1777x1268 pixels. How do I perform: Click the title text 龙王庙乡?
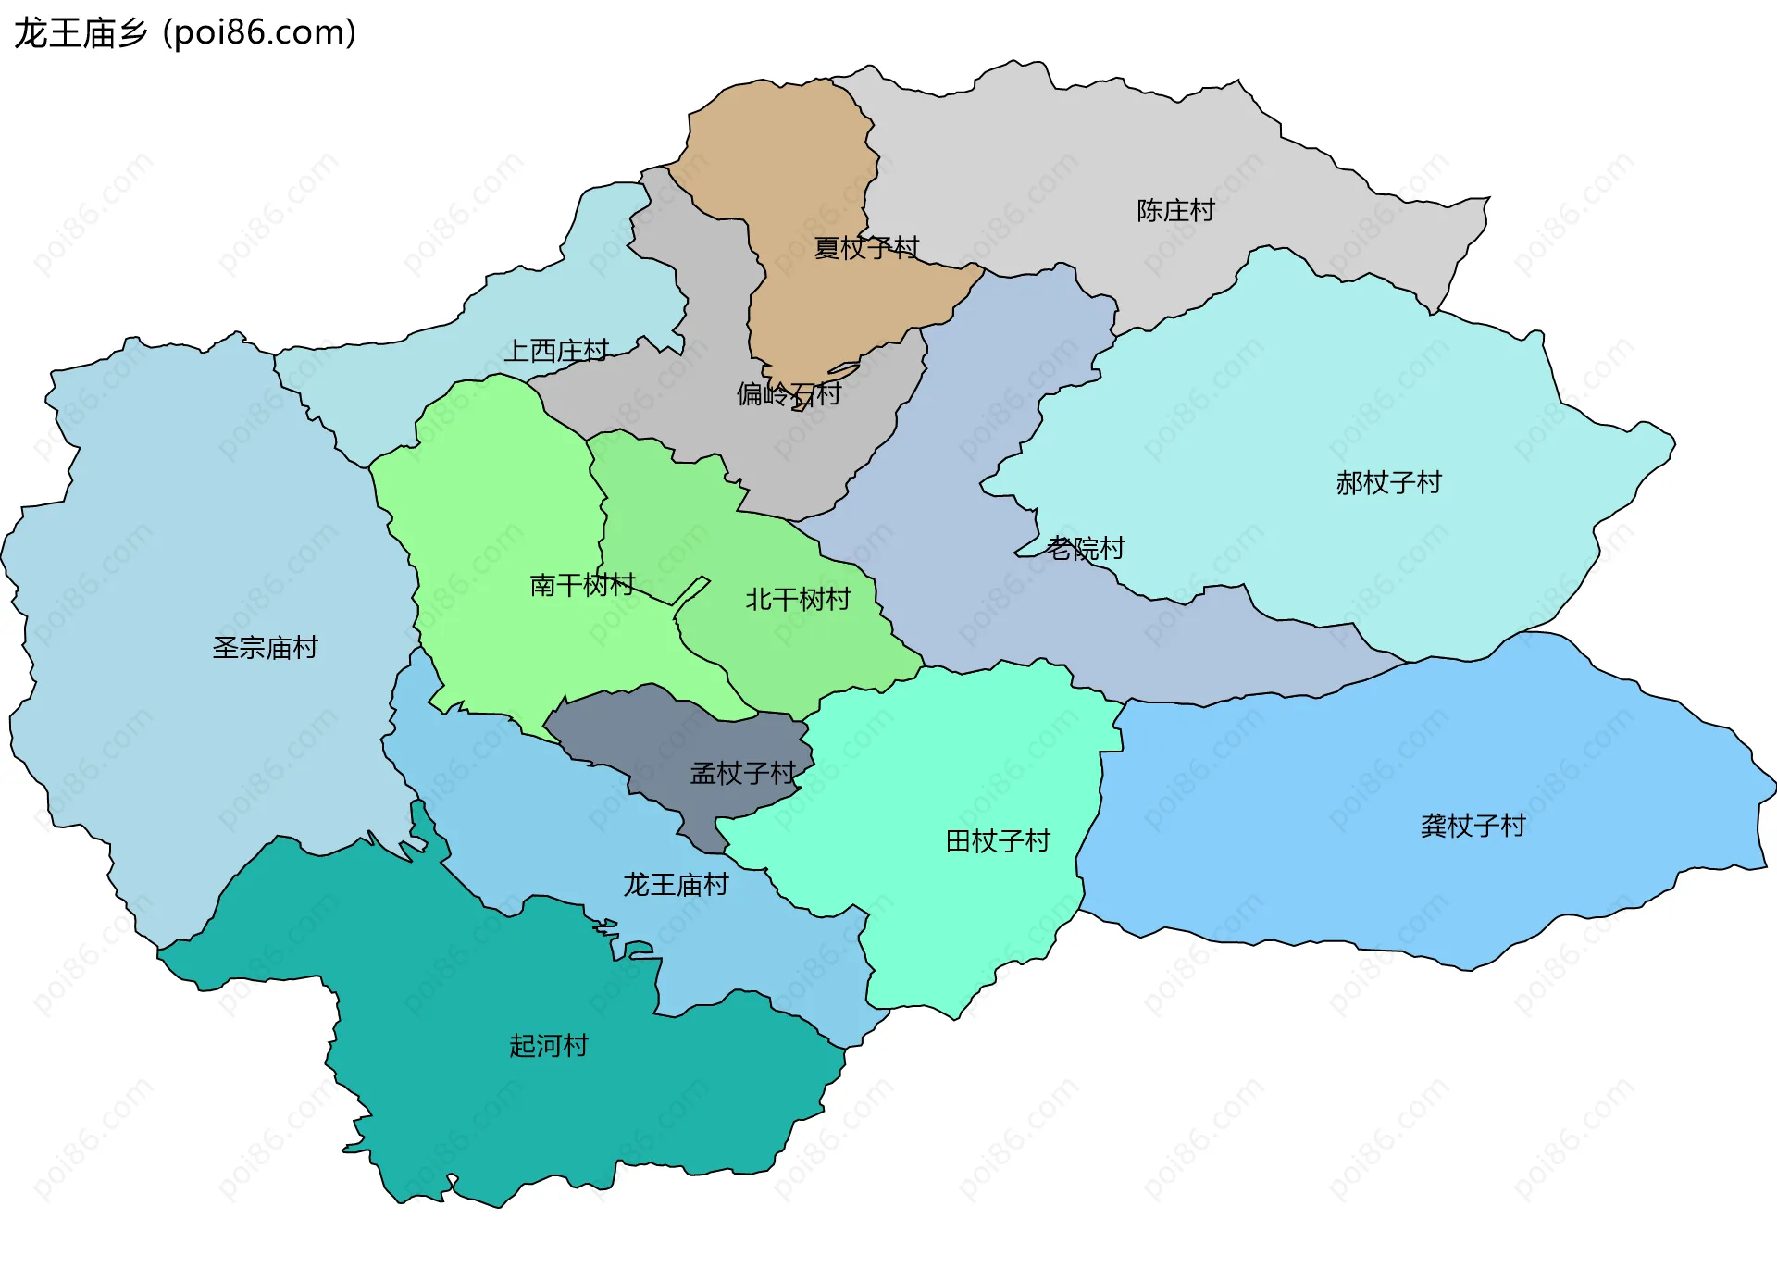point(81,33)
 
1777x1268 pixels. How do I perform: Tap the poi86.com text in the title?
point(260,33)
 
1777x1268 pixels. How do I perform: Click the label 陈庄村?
point(1175,211)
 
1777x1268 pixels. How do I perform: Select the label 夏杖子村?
point(866,248)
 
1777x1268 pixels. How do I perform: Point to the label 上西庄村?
point(556,351)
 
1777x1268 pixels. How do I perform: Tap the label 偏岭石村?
point(789,394)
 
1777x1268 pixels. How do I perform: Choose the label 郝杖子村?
point(1388,483)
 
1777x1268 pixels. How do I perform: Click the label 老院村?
point(1086,549)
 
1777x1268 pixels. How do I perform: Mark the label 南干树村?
point(582,585)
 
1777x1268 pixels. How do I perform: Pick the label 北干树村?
point(798,600)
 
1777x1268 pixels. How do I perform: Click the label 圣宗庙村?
point(265,648)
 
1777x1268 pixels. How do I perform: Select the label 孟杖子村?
point(743,774)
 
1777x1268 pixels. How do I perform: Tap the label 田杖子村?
point(998,841)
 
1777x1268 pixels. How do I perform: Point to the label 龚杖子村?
point(1473,827)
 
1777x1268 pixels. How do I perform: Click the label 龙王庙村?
point(676,885)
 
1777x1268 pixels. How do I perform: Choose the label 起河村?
point(549,1046)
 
